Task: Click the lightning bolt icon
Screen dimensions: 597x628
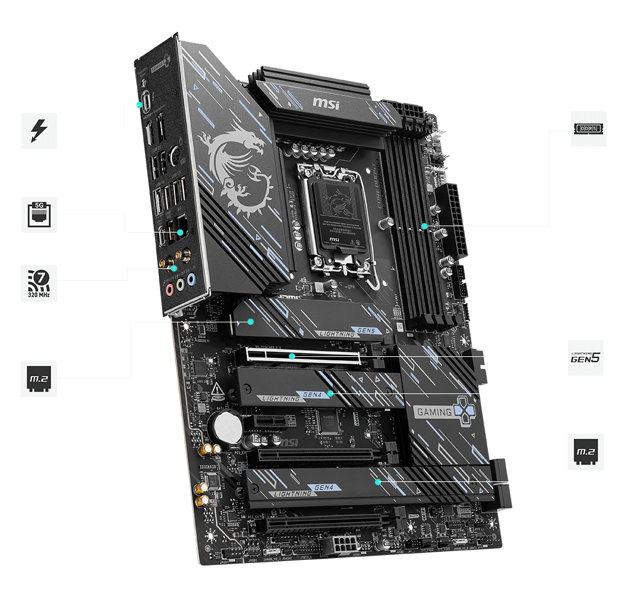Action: [39, 131]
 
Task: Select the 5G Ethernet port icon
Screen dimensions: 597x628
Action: [39, 214]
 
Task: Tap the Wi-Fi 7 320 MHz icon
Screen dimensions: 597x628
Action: [39, 283]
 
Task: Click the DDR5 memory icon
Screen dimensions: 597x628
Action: [588, 129]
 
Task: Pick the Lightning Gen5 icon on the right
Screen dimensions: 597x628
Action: [585, 358]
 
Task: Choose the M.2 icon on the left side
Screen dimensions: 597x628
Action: [39, 378]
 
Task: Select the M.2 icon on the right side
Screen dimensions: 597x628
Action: [585, 451]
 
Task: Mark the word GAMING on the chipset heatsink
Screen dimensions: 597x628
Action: [433, 412]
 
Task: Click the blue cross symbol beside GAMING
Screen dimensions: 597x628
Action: [463, 410]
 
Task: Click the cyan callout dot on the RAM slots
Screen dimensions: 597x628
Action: [425, 226]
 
